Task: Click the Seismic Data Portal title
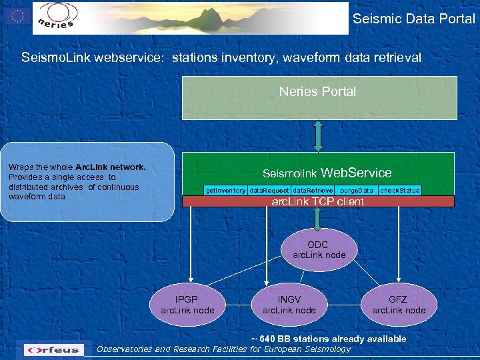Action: (x=413, y=19)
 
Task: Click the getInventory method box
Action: (x=225, y=191)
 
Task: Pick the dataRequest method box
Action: (x=269, y=191)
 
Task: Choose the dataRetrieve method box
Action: (x=313, y=191)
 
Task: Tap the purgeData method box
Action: (x=356, y=191)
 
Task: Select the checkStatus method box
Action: (x=399, y=191)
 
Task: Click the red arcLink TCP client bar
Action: (x=318, y=201)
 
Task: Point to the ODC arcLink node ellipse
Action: (x=318, y=250)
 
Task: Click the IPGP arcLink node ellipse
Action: (x=187, y=305)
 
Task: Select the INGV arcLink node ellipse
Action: (x=289, y=305)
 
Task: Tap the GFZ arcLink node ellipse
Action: (x=398, y=305)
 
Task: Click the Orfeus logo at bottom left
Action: (x=53, y=349)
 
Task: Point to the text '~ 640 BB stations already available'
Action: (x=328, y=339)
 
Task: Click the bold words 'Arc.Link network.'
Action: (x=110, y=167)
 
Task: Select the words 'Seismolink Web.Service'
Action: (x=327, y=173)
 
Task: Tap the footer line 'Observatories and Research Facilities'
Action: (x=223, y=349)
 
